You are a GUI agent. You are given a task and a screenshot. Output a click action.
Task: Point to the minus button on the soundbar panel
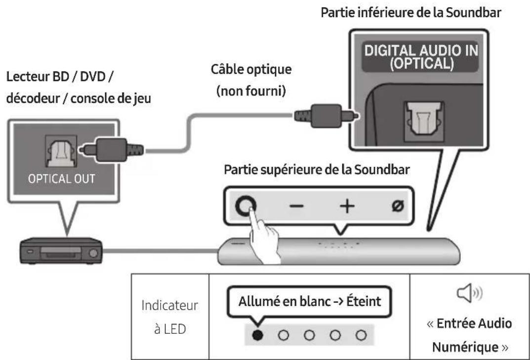[295, 206]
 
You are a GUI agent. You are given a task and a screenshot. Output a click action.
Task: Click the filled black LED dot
[257, 335]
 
